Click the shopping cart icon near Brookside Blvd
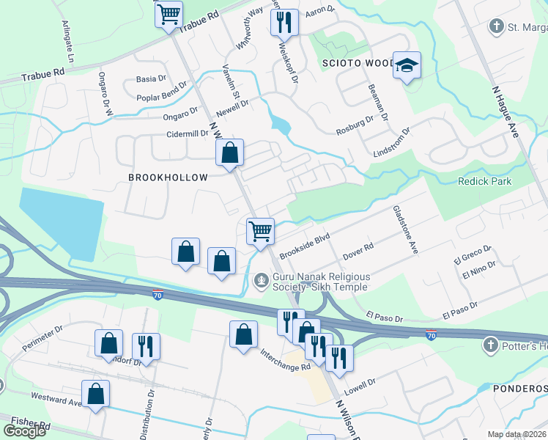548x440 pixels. (261, 232)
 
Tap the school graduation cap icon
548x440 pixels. (406, 65)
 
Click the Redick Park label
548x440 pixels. (485, 181)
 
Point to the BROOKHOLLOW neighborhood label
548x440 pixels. (168, 177)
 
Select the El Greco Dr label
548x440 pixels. (472, 254)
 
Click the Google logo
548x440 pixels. (24, 431)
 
